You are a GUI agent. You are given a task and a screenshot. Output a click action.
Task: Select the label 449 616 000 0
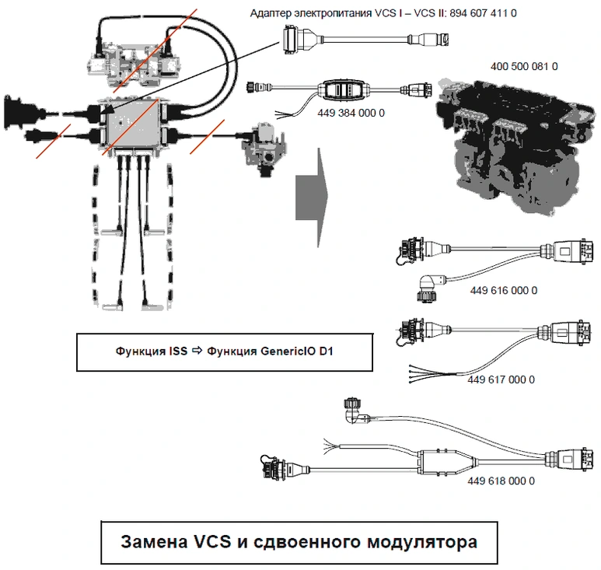coord(504,290)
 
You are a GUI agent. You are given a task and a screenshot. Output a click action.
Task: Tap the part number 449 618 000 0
coord(501,481)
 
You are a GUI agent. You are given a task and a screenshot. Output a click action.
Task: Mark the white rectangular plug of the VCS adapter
coord(297,35)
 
